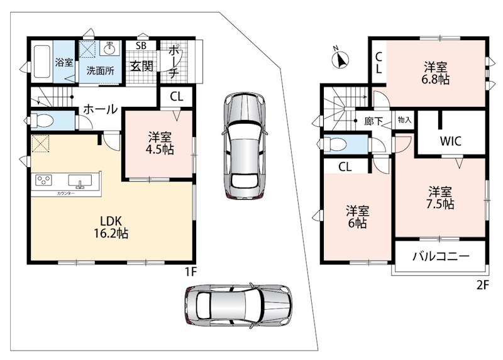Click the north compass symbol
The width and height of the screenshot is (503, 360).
[x=340, y=59]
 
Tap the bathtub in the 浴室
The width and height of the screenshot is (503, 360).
[x=42, y=62]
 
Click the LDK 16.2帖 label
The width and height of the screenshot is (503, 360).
[x=111, y=227]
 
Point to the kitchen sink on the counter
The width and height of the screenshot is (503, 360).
[x=80, y=181]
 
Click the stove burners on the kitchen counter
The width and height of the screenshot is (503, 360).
[x=43, y=180]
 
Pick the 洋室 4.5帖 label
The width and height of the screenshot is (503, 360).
[x=160, y=143]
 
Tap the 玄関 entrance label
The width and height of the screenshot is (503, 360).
[x=141, y=67]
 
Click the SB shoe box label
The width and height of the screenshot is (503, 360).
[x=141, y=46]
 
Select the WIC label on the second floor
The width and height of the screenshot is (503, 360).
[x=450, y=141]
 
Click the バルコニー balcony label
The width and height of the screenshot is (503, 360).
[x=441, y=256]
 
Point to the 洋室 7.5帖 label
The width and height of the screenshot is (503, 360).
[x=439, y=198]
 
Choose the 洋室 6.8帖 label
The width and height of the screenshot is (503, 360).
[x=435, y=74]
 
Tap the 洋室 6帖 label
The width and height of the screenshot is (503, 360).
[x=357, y=217]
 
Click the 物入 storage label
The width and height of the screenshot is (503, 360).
[x=404, y=120]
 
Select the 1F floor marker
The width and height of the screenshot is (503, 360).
[x=190, y=272]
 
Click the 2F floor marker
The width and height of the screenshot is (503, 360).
[x=482, y=285]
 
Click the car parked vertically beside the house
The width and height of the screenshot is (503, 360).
[x=245, y=146]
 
